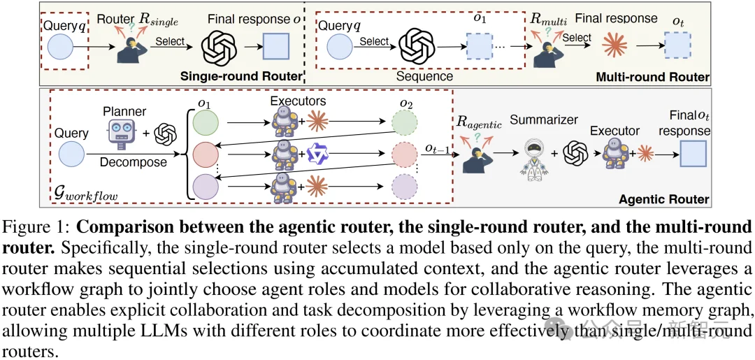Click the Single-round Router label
(x=241, y=76)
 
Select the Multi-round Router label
(x=652, y=77)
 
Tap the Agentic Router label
(x=663, y=199)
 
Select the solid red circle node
(x=205, y=155)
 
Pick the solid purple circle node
(x=205, y=187)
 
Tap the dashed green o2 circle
(x=404, y=122)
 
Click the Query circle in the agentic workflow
(x=72, y=154)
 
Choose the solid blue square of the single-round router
(x=276, y=47)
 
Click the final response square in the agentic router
(x=693, y=154)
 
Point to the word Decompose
(x=134, y=162)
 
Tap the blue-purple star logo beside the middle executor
(x=317, y=154)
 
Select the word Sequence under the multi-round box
(x=425, y=76)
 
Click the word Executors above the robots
(x=299, y=101)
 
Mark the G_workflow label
(x=85, y=195)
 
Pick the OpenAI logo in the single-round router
(x=220, y=48)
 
